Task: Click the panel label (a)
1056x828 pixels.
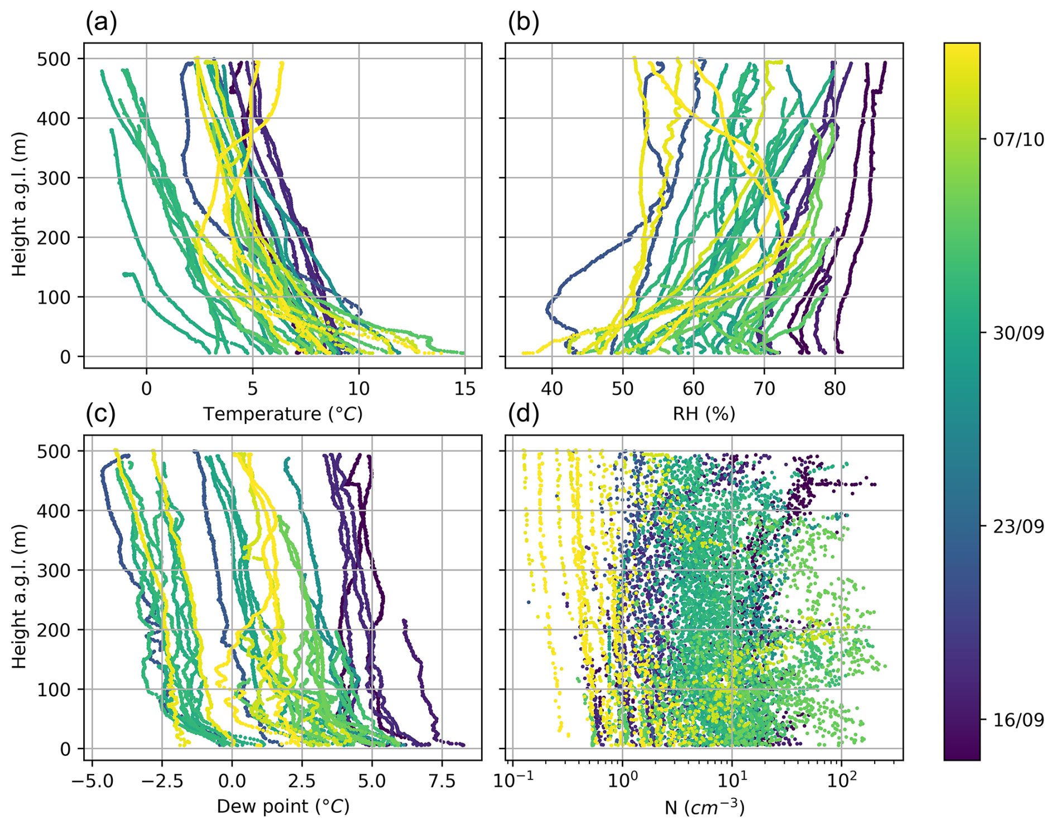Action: point(101,23)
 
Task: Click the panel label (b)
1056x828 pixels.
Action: point(523,23)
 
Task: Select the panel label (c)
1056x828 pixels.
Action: point(100,414)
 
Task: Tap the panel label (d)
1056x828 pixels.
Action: point(523,414)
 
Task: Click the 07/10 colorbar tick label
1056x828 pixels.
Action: point(1018,140)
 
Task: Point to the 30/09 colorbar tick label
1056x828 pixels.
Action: point(1018,333)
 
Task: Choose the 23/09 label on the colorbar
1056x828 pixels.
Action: point(1018,527)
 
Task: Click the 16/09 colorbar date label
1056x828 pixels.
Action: point(1018,720)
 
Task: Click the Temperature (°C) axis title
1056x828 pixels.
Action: point(282,414)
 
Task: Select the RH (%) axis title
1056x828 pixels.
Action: point(704,414)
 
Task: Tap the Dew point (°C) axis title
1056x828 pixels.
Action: point(282,806)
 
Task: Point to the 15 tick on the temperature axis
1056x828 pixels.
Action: point(465,389)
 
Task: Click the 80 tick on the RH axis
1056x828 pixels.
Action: point(835,389)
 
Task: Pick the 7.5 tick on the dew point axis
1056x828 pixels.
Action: point(442,781)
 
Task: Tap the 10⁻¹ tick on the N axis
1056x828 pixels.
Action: point(508,781)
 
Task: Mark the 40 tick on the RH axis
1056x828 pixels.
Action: point(552,389)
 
